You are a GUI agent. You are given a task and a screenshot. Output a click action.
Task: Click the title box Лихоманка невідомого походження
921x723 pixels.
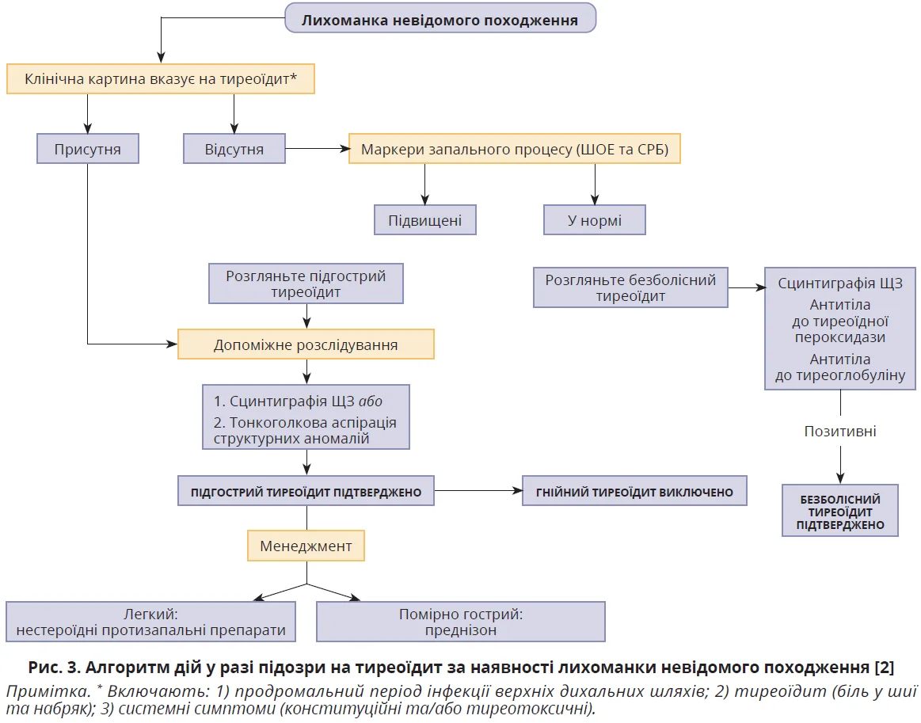coord(440,19)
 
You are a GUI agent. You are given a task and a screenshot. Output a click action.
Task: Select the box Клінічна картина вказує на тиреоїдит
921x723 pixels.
coord(161,79)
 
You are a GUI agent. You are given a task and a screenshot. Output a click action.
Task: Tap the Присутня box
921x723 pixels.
coord(87,148)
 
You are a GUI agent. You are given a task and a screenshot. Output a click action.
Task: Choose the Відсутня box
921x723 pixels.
coord(234,148)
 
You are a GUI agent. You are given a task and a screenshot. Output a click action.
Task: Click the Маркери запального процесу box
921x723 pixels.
coord(514,148)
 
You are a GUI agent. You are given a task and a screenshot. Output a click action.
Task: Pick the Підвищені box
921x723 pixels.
coord(424,219)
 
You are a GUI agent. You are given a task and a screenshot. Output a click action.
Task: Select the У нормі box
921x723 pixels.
coord(594,219)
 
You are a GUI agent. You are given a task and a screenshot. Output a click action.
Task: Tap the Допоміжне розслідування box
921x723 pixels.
coord(306,345)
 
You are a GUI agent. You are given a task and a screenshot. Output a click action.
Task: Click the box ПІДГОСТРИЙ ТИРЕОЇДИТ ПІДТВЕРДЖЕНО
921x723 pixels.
coord(306,492)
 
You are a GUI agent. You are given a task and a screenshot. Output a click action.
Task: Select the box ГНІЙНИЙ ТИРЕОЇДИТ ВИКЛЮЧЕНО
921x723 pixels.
coord(634,492)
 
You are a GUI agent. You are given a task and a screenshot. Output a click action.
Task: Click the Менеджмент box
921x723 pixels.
coord(306,546)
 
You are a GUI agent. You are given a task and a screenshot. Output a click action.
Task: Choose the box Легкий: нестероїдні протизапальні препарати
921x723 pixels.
coord(150,622)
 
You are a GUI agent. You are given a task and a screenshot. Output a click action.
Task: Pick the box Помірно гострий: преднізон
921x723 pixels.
coord(460,622)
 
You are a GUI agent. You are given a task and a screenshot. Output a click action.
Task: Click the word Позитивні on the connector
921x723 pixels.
coord(840,432)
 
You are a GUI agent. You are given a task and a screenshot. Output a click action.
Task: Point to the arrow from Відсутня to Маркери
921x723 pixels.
coord(317,148)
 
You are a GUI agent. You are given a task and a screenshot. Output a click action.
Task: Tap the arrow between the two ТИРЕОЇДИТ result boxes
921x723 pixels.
coord(478,492)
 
